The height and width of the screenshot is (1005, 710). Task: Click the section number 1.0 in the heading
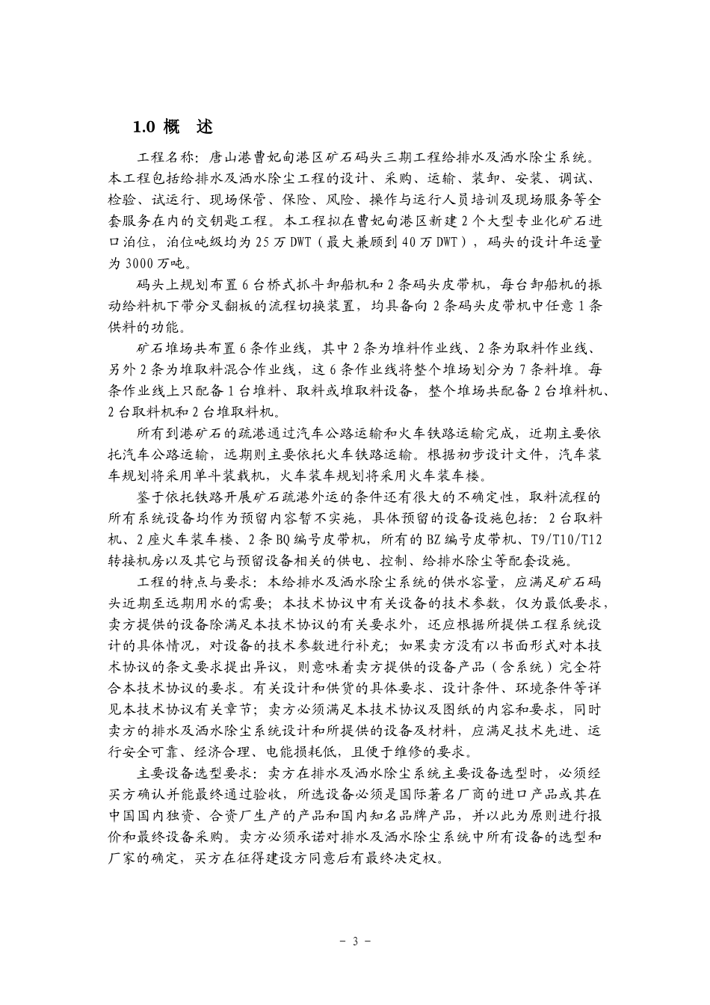tap(143, 127)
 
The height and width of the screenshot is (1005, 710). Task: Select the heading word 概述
tap(186, 127)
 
